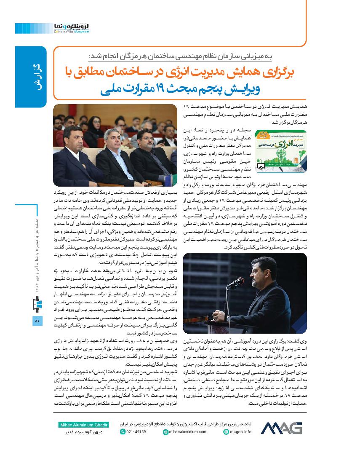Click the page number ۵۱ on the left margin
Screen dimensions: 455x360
37,321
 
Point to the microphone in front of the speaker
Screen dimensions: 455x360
235,282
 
